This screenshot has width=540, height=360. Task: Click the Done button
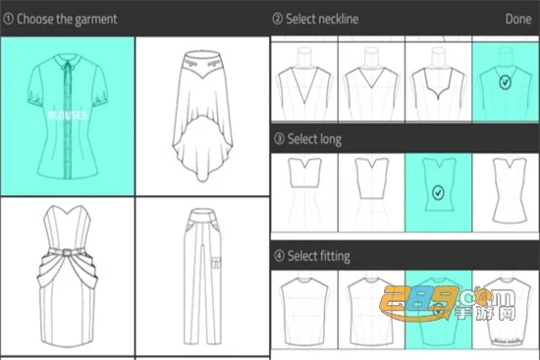[517, 19]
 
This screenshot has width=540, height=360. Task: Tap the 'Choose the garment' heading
[66, 19]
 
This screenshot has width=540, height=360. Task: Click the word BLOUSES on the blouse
[67, 115]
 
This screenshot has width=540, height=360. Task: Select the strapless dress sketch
[68, 279]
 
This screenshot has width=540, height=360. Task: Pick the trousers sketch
[201, 279]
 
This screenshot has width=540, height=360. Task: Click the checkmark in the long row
[438, 193]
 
